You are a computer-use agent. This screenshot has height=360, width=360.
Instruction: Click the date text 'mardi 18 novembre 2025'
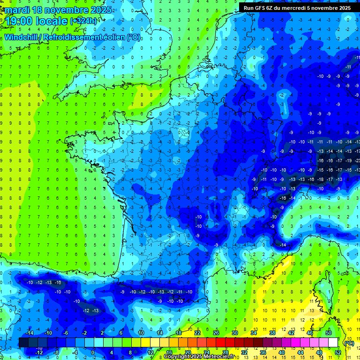[x=59, y=10]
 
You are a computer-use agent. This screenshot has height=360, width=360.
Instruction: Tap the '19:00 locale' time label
[x=37, y=21]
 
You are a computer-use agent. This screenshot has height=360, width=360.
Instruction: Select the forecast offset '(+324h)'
[x=84, y=21]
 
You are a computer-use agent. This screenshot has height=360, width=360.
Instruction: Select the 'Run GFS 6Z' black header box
[x=297, y=7]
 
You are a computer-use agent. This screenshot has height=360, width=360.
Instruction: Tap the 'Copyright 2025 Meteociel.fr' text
[x=200, y=357]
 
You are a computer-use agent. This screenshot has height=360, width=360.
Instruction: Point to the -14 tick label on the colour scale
[x=30, y=333]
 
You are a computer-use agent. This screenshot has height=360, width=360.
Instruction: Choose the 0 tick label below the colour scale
[x=92, y=352]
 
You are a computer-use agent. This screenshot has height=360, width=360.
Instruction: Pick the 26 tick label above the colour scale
[x=216, y=333]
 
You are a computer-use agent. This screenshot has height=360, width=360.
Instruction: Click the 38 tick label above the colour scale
[x=272, y=333]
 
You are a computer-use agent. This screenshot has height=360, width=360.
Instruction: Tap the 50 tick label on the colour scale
[x=329, y=333]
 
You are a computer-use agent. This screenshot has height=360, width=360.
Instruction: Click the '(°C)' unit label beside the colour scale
[x=349, y=343]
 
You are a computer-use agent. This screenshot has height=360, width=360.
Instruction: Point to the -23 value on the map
[x=358, y=161]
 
